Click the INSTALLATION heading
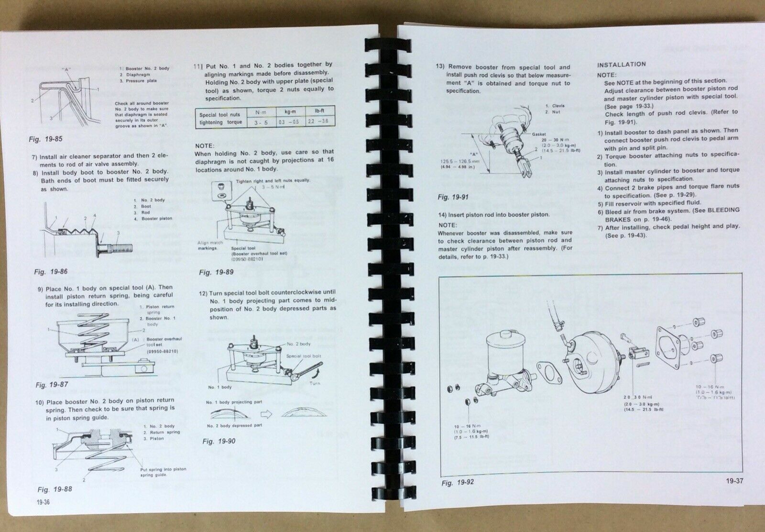point(621,64)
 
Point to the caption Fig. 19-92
point(458,483)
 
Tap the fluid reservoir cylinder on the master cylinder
point(501,353)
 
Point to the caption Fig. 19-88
point(55,489)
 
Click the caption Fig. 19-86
point(51,272)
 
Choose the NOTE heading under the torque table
point(206,145)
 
